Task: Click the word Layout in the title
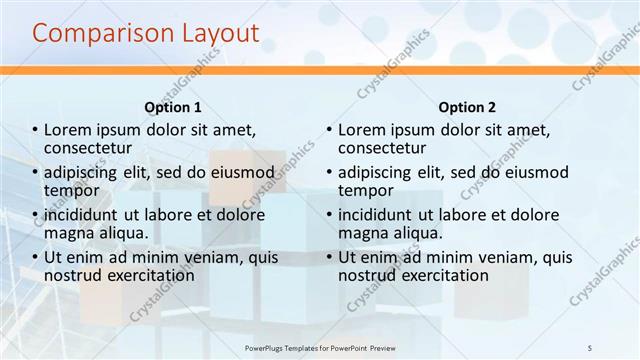click(x=218, y=34)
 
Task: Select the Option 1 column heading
click(x=173, y=107)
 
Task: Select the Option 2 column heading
click(x=467, y=107)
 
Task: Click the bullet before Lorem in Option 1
click(x=35, y=131)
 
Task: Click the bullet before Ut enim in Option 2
click(x=329, y=258)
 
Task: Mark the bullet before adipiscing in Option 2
click(x=329, y=173)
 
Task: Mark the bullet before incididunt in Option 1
click(x=35, y=215)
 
